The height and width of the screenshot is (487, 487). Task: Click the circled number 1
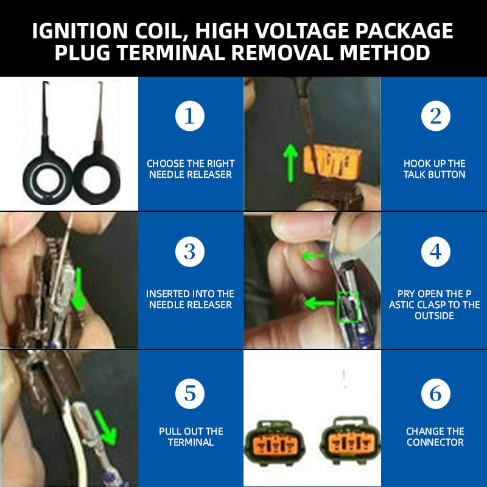click(x=190, y=116)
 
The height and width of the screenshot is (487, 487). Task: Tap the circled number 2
click(x=435, y=116)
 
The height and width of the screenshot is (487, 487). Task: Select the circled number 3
click(x=190, y=251)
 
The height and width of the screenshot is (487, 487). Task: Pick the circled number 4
click(x=435, y=251)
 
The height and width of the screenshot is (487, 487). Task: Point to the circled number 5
click(x=190, y=394)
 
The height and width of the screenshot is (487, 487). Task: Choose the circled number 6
click(x=435, y=394)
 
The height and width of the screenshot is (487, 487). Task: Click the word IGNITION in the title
click(x=80, y=31)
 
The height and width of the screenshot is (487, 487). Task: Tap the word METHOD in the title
click(x=385, y=52)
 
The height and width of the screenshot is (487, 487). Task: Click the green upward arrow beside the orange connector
click(x=290, y=163)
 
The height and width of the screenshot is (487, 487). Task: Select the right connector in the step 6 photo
click(x=350, y=440)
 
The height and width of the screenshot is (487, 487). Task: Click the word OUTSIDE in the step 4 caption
click(x=434, y=315)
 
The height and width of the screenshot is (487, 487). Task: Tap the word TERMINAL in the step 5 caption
click(x=191, y=443)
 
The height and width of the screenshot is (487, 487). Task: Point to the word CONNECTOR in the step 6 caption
click(x=435, y=443)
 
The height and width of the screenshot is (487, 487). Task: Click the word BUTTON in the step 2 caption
click(x=447, y=175)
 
